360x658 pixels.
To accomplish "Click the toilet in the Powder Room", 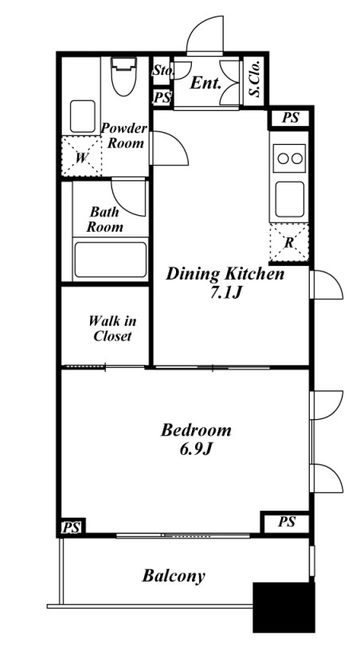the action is (x=123, y=76).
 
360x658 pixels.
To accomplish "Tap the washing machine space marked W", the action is (x=82, y=157).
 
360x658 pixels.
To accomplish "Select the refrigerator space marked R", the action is (x=289, y=243).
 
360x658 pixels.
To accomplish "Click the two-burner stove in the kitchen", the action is (x=289, y=159).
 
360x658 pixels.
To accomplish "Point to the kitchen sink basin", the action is (x=289, y=199).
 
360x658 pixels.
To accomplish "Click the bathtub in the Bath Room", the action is (x=111, y=260).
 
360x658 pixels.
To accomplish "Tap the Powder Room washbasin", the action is (x=83, y=116).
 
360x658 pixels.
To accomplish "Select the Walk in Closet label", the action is (x=112, y=328).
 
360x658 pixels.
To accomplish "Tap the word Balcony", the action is (x=174, y=576).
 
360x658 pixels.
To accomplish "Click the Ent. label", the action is (x=205, y=83).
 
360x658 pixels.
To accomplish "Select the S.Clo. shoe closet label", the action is (x=256, y=80).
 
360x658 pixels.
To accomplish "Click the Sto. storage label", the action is (x=162, y=69).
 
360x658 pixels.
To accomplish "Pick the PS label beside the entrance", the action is (x=162, y=98).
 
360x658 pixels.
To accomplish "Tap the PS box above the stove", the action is (x=290, y=118).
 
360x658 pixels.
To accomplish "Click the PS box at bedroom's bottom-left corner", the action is (x=72, y=527).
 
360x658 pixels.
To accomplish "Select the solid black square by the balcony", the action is (x=284, y=607).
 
